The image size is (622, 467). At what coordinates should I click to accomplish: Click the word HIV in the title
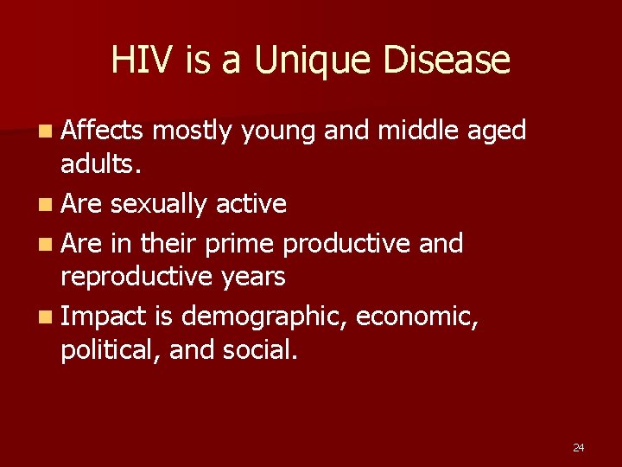pyautogui.click(x=138, y=61)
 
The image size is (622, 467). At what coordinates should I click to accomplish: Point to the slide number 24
pyautogui.click(x=578, y=447)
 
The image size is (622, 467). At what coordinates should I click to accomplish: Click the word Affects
pyautogui.click(x=102, y=131)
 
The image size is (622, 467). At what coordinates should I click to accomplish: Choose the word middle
pyautogui.click(x=420, y=131)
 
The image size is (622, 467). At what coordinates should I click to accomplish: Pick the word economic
pyautogui.click(x=417, y=317)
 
